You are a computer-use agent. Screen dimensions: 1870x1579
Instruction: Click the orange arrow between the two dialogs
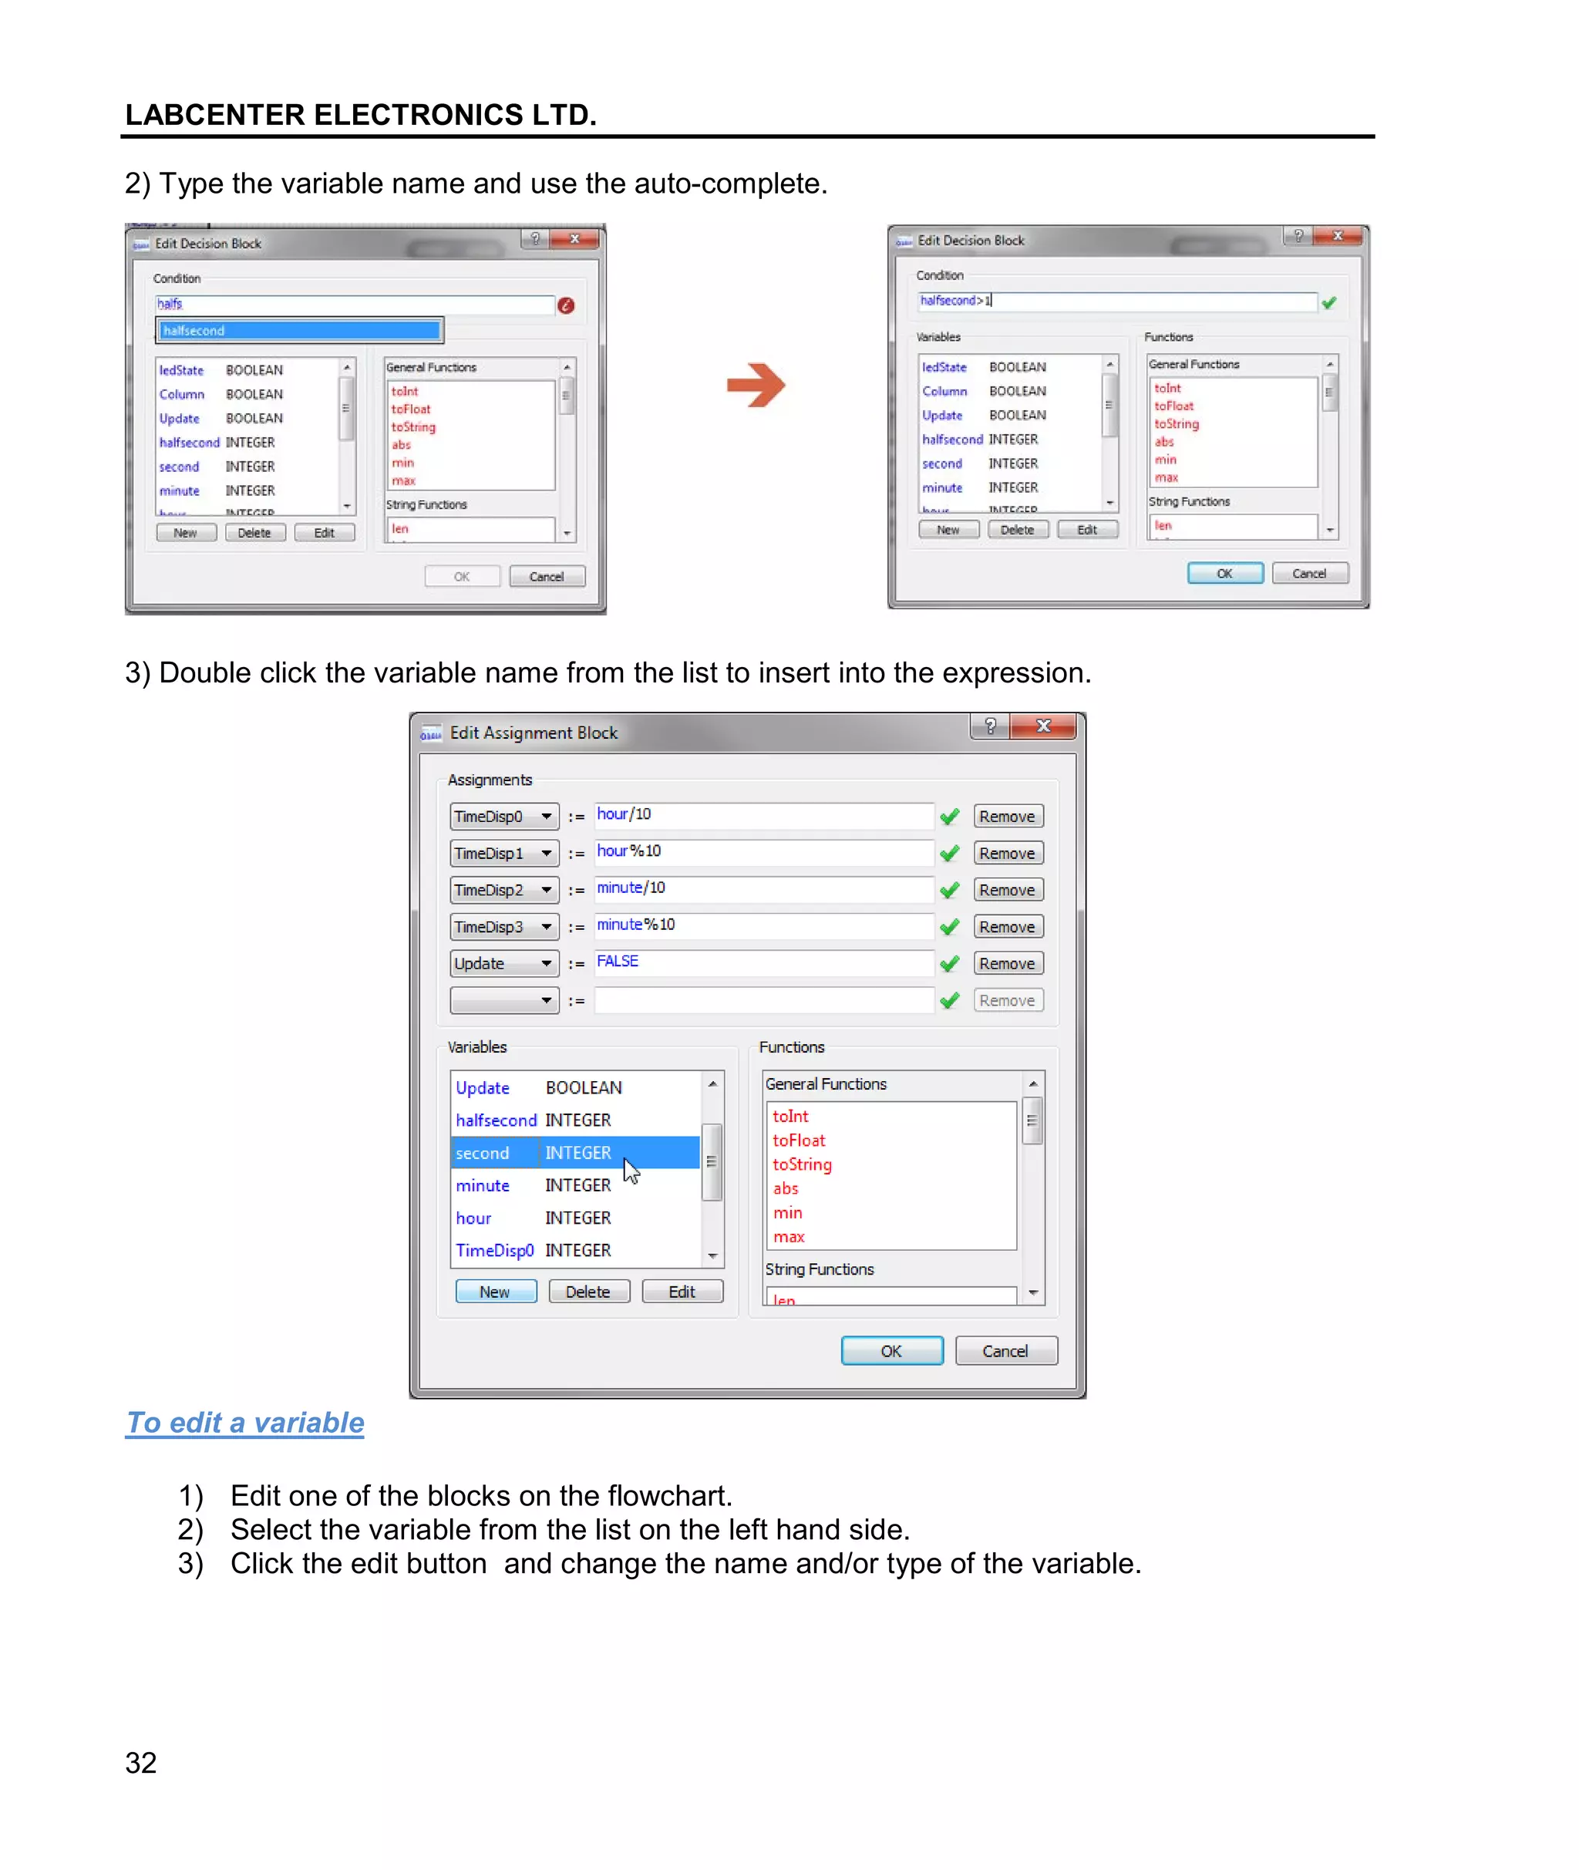click(756, 385)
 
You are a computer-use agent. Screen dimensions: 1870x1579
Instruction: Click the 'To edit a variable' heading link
click(245, 1423)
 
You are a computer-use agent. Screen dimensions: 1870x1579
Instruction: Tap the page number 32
click(140, 1763)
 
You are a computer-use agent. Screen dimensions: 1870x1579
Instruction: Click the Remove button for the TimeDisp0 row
click(1007, 817)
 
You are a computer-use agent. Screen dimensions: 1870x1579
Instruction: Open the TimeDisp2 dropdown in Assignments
click(546, 890)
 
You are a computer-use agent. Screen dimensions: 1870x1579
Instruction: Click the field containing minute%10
click(763, 925)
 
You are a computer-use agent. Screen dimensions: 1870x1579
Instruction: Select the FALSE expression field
click(763, 962)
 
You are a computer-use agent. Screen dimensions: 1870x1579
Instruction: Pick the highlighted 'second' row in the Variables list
click(573, 1153)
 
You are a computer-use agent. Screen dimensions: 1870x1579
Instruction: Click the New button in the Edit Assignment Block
click(495, 1292)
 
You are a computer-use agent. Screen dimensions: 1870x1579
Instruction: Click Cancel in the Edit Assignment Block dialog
click(1005, 1351)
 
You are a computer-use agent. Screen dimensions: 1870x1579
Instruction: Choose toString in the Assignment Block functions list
click(802, 1164)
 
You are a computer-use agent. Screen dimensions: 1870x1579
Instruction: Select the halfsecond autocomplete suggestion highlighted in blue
click(299, 330)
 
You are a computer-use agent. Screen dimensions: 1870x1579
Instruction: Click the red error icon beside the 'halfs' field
click(566, 305)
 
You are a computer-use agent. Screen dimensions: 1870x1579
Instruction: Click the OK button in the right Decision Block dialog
click(1224, 574)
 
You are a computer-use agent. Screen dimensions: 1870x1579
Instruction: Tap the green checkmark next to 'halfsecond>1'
click(1329, 302)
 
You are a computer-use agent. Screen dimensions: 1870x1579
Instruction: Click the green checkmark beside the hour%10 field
click(950, 853)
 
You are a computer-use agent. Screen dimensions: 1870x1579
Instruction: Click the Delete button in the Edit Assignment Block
click(588, 1292)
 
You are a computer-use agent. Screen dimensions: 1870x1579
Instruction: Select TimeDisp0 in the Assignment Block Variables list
click(495, 1251)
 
